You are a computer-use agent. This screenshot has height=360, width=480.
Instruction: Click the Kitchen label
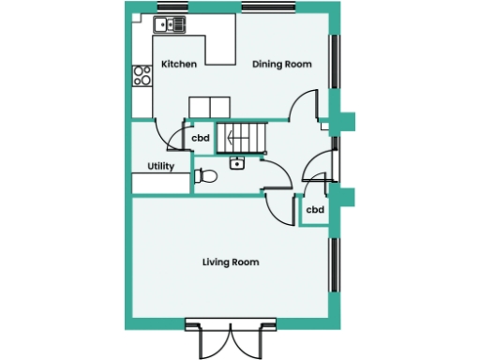179,65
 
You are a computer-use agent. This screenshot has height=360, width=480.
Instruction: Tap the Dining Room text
282,65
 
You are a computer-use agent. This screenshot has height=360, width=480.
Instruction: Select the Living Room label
231,262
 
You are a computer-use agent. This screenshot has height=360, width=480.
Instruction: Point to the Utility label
160,166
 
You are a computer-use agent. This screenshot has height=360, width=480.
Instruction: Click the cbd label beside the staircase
200,139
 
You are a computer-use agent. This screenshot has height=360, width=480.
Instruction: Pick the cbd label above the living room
315,210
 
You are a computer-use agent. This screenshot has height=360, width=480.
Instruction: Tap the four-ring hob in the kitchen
142,75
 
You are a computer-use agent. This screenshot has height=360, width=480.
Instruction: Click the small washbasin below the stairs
236,164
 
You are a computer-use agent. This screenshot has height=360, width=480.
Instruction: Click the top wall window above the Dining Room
267,7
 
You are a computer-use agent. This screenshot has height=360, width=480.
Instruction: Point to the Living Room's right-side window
332,266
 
